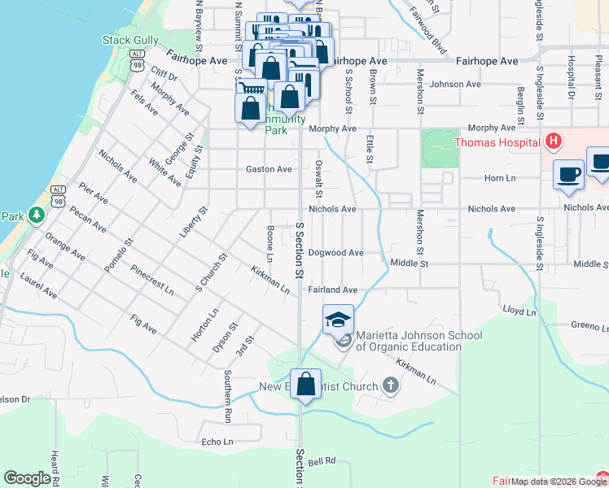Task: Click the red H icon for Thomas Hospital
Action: [554, 142]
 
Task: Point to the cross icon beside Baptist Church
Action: [391, 386]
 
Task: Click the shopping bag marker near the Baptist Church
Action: [305, 385]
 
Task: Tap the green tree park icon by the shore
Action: [35, 216]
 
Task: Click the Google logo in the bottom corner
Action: [27, 478]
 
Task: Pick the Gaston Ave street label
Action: [269, 169]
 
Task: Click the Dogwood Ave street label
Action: [335, 252]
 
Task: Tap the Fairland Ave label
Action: [333, 290]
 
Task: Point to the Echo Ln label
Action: [217, 442]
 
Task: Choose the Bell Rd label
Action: [322, 460]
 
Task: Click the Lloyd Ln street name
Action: [519, 311]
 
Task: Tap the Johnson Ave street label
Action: [456, 84]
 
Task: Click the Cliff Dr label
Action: [164, 76]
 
